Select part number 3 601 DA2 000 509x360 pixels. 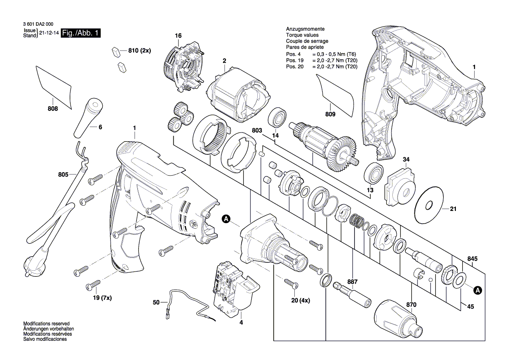(40, 25)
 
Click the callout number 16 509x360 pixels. (178, 35)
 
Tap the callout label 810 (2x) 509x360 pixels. (139, 51)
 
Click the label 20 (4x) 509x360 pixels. (301, 300)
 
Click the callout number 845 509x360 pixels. (472, 258)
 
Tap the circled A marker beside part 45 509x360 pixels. (478, 289)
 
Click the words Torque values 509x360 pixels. (302, 35)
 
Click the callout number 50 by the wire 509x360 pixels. (156, 302)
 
